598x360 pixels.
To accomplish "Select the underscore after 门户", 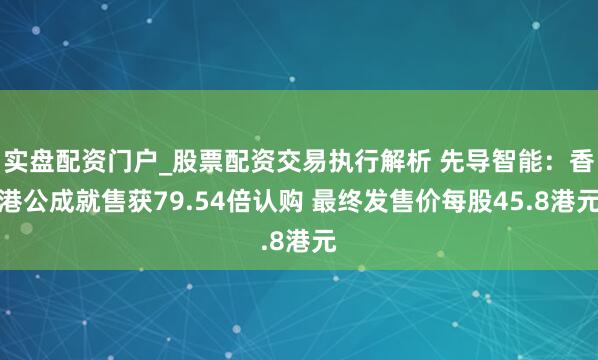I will tap(166, 162).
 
